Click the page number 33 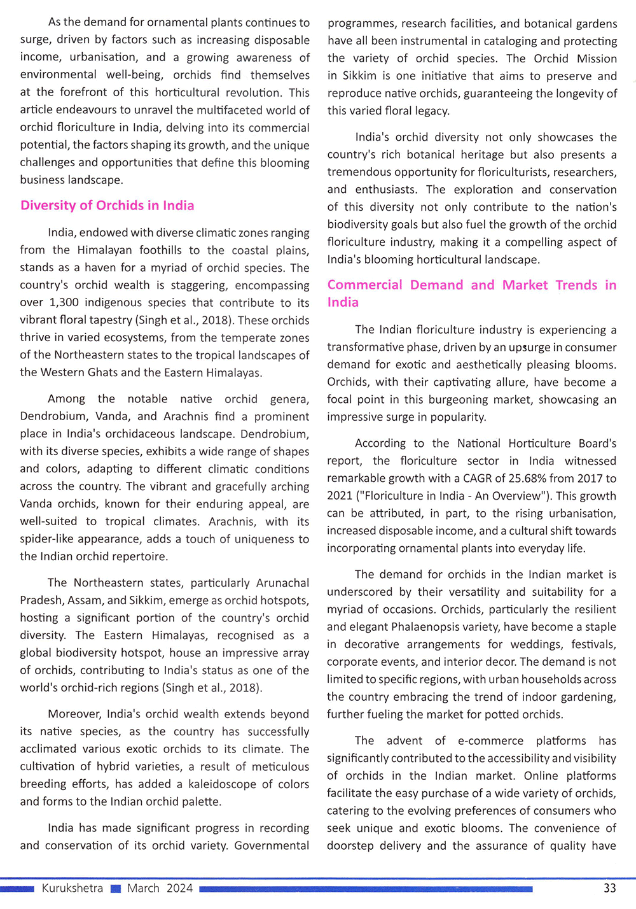point(609,888)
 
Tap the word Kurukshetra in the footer point(72,888)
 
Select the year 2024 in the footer point(179,888)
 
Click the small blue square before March point(115,889)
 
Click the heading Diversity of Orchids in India point(107,206)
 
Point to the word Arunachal point(273,583)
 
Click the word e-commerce point(490,741)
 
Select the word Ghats point(100,372)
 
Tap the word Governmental point(272,846)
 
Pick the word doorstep point(350,846)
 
